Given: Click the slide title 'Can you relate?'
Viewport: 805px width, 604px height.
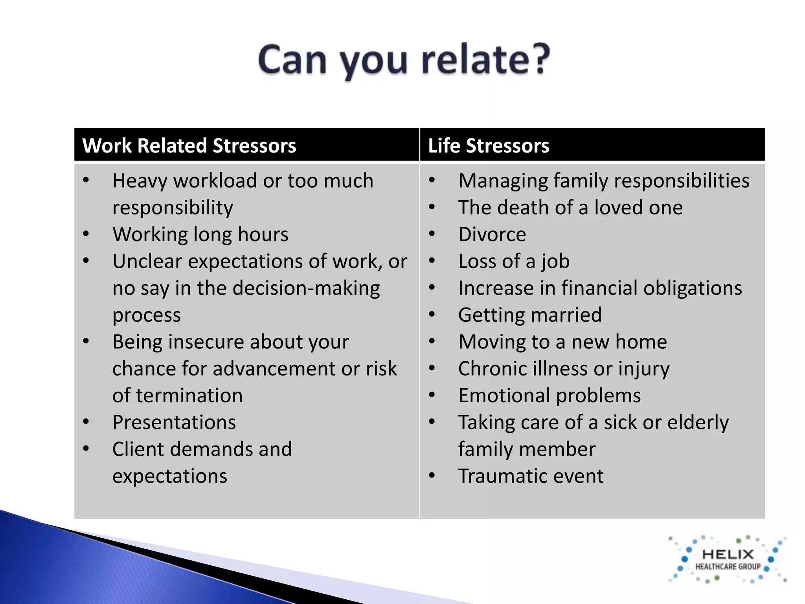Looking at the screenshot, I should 404,60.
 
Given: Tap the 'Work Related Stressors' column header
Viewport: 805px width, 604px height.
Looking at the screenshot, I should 189,145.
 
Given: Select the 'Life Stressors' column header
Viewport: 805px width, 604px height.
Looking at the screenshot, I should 488,145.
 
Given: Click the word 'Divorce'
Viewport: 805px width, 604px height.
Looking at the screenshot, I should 492,235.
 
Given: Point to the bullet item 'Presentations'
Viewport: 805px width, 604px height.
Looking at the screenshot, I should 174,423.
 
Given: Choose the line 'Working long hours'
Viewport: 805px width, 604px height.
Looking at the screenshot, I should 200,235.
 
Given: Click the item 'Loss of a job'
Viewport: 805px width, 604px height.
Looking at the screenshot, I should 514,261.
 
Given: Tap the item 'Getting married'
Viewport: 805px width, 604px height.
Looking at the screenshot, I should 530,315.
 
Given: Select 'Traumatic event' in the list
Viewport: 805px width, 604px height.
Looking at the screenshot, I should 531,476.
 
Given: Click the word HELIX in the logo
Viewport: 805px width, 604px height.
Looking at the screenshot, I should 728,554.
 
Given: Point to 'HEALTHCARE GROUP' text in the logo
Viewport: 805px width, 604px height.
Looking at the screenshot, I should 728,567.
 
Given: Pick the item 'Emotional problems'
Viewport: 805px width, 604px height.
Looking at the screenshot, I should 549,396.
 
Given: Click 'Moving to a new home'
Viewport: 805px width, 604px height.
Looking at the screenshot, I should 562,342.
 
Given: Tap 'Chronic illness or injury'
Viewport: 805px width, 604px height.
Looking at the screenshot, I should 564,369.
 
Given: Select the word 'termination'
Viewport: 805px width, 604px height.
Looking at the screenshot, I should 189,396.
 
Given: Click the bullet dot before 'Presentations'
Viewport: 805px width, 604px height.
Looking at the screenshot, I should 86,422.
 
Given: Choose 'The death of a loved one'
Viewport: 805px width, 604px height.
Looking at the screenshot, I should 570,208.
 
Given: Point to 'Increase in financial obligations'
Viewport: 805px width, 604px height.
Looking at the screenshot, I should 600,288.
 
